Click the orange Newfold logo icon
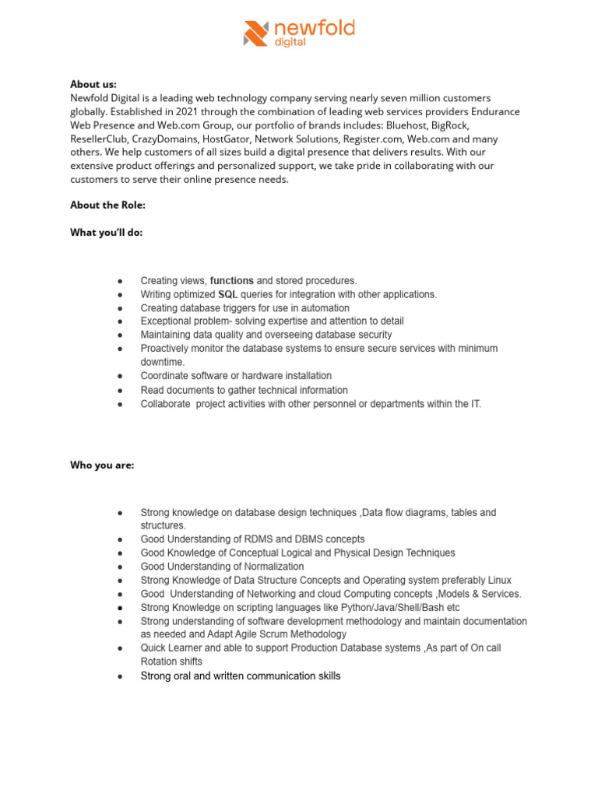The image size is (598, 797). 256,33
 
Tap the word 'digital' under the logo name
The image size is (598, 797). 290,44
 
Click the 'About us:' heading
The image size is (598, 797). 93,84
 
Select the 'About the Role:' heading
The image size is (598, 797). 107,206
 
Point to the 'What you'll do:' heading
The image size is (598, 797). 106,233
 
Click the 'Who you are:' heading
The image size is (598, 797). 102,465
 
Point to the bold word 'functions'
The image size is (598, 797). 231,280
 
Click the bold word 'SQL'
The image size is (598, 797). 227,294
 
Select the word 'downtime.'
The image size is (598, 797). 163,362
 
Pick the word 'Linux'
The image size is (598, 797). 495,580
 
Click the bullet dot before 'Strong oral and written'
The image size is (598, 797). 119,677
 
